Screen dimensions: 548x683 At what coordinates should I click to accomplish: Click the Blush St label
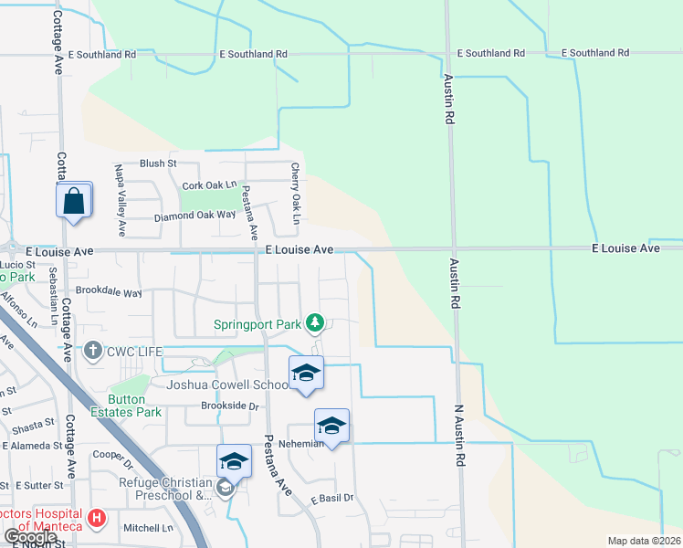coord(158,163)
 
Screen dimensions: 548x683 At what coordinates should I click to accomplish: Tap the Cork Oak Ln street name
coord(209,185)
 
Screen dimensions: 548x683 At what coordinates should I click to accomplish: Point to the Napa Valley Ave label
coord(120,195)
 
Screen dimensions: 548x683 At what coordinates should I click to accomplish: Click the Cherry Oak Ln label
coord(295,195)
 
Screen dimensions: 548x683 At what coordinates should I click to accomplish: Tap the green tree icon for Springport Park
coord(315,322)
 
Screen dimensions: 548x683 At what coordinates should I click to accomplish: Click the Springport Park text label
coord(258,323)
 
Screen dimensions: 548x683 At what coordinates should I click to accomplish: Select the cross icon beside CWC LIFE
coord(92,351)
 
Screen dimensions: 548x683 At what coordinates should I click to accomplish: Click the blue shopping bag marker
coord(74,200)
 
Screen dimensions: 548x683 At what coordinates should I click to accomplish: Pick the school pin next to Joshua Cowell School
coord(306,373)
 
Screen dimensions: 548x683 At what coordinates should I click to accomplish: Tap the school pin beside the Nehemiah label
coord(331,426)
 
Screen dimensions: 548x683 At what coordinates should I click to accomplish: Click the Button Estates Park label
coord(134,406)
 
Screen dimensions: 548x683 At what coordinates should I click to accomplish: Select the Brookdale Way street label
coord(109,293)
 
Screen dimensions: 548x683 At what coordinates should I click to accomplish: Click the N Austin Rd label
coord(459,434)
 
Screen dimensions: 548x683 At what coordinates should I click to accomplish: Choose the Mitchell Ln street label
coord(148,528)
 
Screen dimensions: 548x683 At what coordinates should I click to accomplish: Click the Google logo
coord(30,536)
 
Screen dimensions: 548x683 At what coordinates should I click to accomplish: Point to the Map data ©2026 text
coord(643,541)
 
